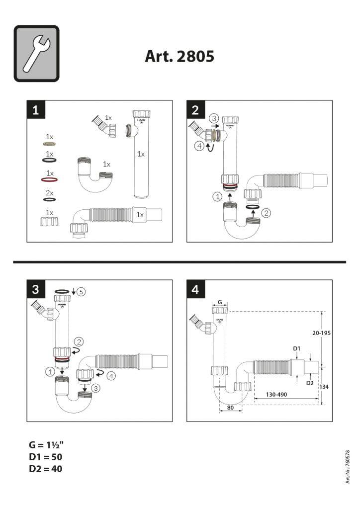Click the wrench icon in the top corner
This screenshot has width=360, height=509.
(x=36, y=54)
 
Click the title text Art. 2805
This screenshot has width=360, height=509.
(x=180, y=56)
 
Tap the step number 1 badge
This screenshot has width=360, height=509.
(x=36, y=110)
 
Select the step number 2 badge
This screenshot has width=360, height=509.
(x=195, y=110)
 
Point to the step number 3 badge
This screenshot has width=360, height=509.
(x=36, y=289)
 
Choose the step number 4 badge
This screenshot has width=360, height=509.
(x=195, y=289)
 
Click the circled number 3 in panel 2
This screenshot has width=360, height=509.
(x=214, y=118)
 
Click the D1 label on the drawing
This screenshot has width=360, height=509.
(x=297, y=348)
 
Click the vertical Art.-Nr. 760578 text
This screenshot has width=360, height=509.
(x=348, y=467)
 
